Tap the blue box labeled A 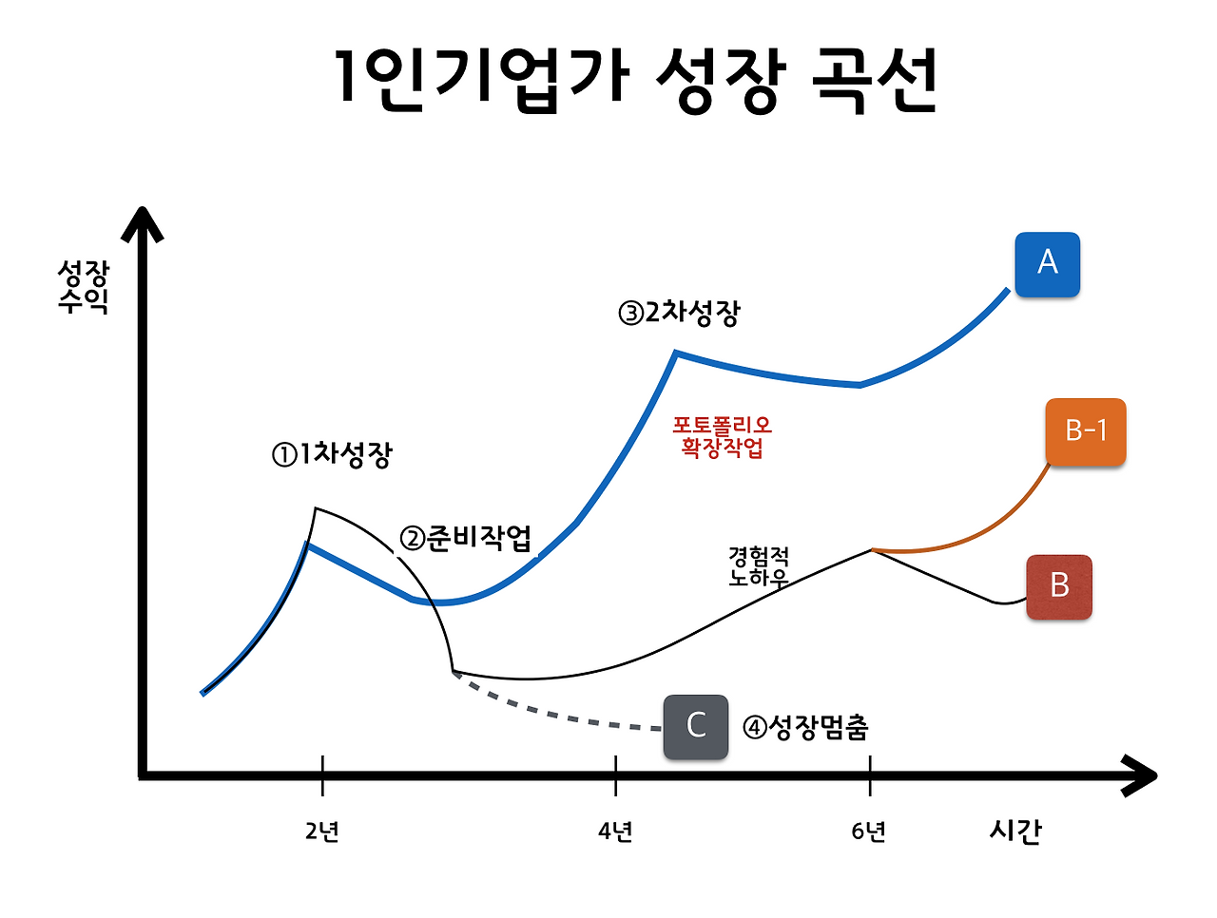pyautogui.click(x=1047, y=264)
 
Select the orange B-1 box pyautogui.click(x=1085, y=431)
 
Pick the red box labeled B pyautogui.click(x=1059, y=587)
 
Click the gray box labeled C pyautogui.click(x=695, y=726)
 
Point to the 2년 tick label pyautogui.click(x=322, y=832)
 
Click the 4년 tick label pyautogui.click(x=615, y=832)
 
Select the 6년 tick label pyautogui.click(x=869, y=832)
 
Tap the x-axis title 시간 pyautogui.click(x=1015, y=831)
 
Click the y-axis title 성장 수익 pyautogui.click(x=84, y=287)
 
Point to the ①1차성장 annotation pyautogui.click(x=332, y=455)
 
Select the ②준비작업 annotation pyautogui.click(x=465, y=539)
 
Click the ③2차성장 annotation pyautogui.click(x=679, y=313)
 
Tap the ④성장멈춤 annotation pyautogui.click(x=805, y=728)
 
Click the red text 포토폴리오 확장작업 pyautogui.click(x=722, y=436)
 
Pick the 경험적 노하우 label pyautogui.click(x=758, y=566)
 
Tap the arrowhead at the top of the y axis pyautogui.click(x=143, y=224)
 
